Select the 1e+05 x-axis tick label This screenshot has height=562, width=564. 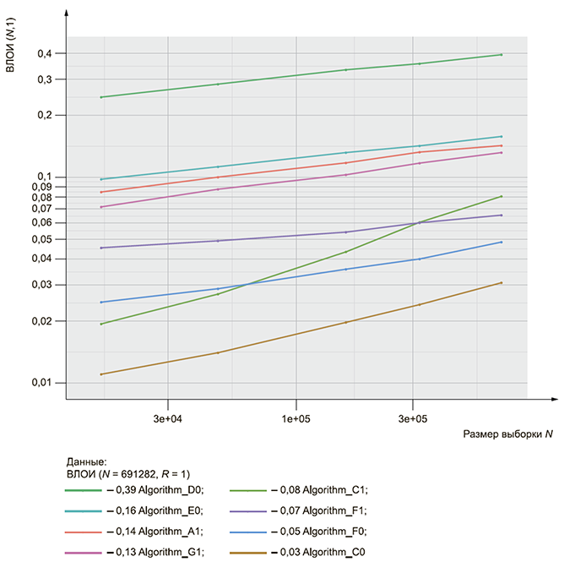point(296,418)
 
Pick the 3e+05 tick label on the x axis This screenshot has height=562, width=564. point(412,418)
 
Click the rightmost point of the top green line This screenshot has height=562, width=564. point(502,55)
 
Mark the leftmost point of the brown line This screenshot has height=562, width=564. point(101,374)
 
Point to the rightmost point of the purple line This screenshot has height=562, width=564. point(502,215)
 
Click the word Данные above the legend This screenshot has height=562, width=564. point(86,461)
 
